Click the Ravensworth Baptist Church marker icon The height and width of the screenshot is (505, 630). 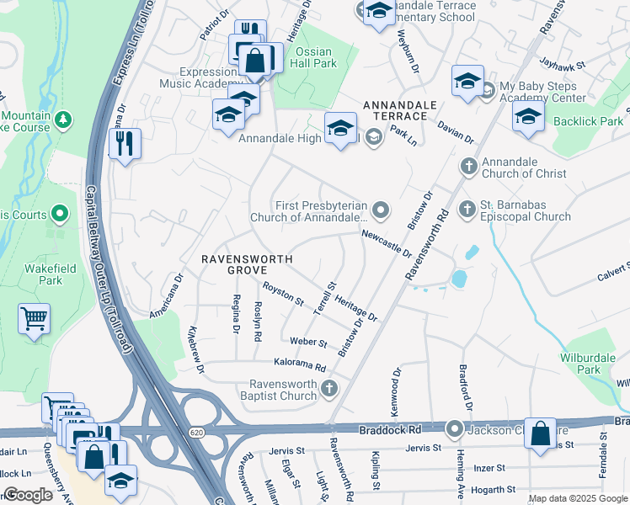point(329,388)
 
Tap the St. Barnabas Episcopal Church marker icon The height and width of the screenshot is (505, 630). point(467,207)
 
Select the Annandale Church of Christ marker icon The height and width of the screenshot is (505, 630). point(467,164)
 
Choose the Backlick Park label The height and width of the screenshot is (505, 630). point(589,121)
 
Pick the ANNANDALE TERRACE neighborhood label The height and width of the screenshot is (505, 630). point(400,105)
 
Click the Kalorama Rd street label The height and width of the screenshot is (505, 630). point(300,366)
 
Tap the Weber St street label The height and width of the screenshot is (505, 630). point(307,343)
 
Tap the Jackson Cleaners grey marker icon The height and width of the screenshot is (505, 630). point(455,429)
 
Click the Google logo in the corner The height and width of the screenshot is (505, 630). point(28,495)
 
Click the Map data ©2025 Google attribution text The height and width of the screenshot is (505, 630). point(578,499)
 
